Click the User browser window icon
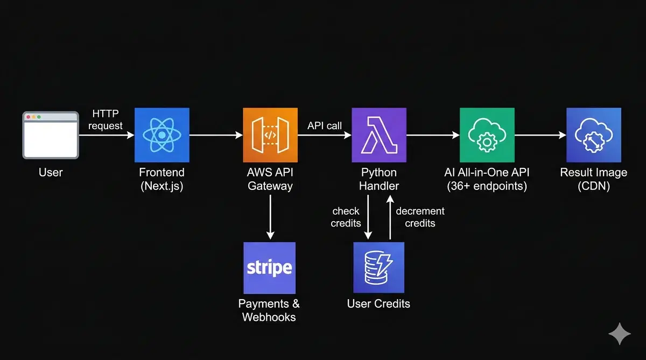click(51, 135)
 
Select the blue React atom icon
click(161, 135)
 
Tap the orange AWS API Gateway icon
click(270, 135)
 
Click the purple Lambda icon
click(378, 135)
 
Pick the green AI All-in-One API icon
click(487, 135)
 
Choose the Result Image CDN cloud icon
click(594, 135)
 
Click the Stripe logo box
click(269, 267)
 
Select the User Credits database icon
click(378, 267)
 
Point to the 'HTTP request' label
click(106, 120)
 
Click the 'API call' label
click(324, 126)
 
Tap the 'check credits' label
click(346, 217)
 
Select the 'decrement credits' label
click(420, 217)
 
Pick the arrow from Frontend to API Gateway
click(216, 136)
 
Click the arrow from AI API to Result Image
click(540, 136)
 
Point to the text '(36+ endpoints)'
click(487, 186)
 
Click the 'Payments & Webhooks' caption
click(269, 310)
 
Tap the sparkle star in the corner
click(619, 334)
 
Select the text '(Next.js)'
click(161, 186)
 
